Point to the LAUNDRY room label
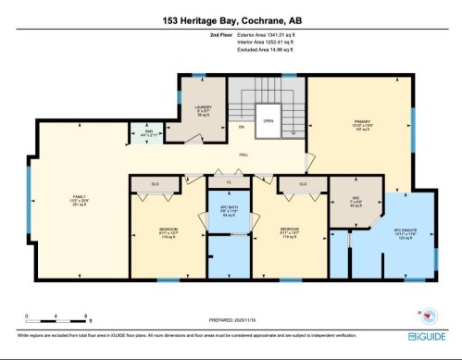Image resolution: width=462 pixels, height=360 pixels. point(204,108)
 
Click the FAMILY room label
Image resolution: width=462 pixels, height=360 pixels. point(80,198)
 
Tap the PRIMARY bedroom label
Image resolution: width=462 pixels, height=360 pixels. point(363,120)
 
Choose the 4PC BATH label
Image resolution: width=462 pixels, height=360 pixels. point(228,209)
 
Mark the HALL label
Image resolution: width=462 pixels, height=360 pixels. point(243,155)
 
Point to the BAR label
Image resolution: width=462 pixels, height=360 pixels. point(145,132)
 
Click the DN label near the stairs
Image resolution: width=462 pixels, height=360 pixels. point(241,127)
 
